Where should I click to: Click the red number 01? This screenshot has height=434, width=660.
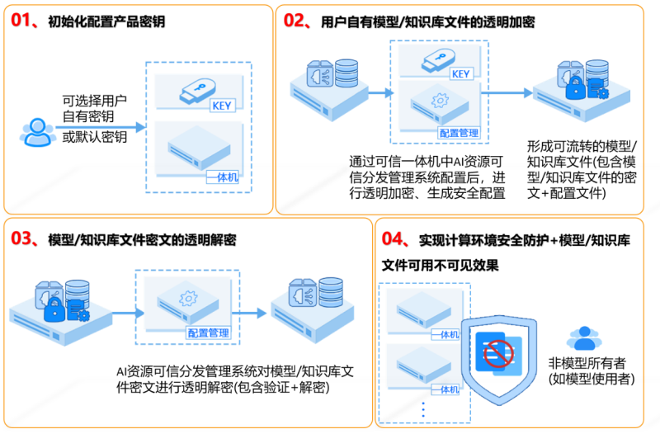(21, 20)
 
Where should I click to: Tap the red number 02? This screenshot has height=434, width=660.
(294, 20)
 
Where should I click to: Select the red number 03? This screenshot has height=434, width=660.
(21, 238)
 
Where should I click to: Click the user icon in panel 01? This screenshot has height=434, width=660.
(37, 132)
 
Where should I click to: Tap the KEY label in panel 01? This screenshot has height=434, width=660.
(222, 106)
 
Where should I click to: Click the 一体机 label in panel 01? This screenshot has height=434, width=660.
(223, 177)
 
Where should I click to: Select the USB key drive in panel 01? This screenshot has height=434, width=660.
(197, 91)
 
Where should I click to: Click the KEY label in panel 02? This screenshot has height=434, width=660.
(460, 74)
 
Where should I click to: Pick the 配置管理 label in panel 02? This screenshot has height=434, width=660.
(459, 133)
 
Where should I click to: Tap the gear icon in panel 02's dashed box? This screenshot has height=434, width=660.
(440, 100)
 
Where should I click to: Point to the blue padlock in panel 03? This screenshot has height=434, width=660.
(55, 309)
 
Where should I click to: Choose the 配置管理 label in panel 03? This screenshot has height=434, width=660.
(209, 333)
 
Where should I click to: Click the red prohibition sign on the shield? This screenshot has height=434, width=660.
(498, 353)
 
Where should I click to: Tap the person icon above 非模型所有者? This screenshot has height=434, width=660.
(584, 338)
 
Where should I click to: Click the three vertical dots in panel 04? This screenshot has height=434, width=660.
(423, 409)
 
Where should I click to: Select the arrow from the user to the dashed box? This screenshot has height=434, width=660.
(100, 127)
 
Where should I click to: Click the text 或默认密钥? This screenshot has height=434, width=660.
(95, 137)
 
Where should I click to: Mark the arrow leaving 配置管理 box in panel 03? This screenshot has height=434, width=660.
(249, 313)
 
